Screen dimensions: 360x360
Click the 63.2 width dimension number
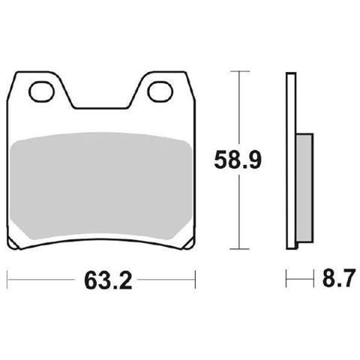click(x=108, y=280)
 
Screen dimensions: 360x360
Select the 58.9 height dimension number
click(x=238, y=160)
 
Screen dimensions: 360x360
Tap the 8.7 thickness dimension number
click(x=339, y=277)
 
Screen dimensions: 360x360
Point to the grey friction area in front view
click(x=101, y=186)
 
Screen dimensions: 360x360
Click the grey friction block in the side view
click(x=304, y=188)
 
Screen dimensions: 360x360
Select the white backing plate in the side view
click(x=291, y=160)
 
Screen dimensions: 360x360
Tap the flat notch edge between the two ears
click(x=100, y=109)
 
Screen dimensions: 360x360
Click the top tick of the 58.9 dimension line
click(x=240, y=71)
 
